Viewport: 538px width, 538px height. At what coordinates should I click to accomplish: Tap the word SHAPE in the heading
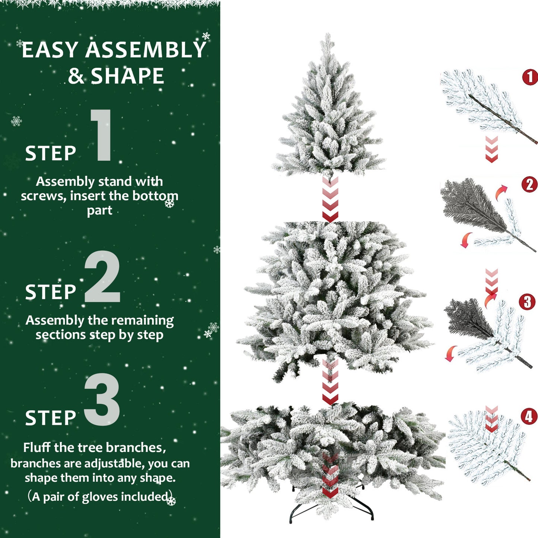click(127, 76)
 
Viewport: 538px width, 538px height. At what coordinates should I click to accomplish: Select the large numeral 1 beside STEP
click(102, 136)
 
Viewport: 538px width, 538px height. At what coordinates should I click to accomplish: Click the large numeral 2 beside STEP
click(102, 276)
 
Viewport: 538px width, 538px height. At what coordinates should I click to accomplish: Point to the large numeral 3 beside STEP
click(102, 399)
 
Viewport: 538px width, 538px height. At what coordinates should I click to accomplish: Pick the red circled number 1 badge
click(530, 77)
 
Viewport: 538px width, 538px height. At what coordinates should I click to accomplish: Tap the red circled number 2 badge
click(529, 185)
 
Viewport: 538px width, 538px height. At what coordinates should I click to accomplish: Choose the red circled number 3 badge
click(527, 302)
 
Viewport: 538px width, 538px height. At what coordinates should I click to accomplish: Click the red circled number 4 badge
click(529, 417)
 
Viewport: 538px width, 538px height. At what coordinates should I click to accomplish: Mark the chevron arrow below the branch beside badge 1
click(491, 149)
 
